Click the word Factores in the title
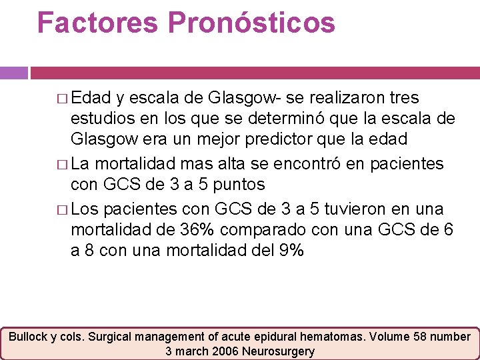click(x=98, y=22)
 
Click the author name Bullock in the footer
click(x=29, y=337)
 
